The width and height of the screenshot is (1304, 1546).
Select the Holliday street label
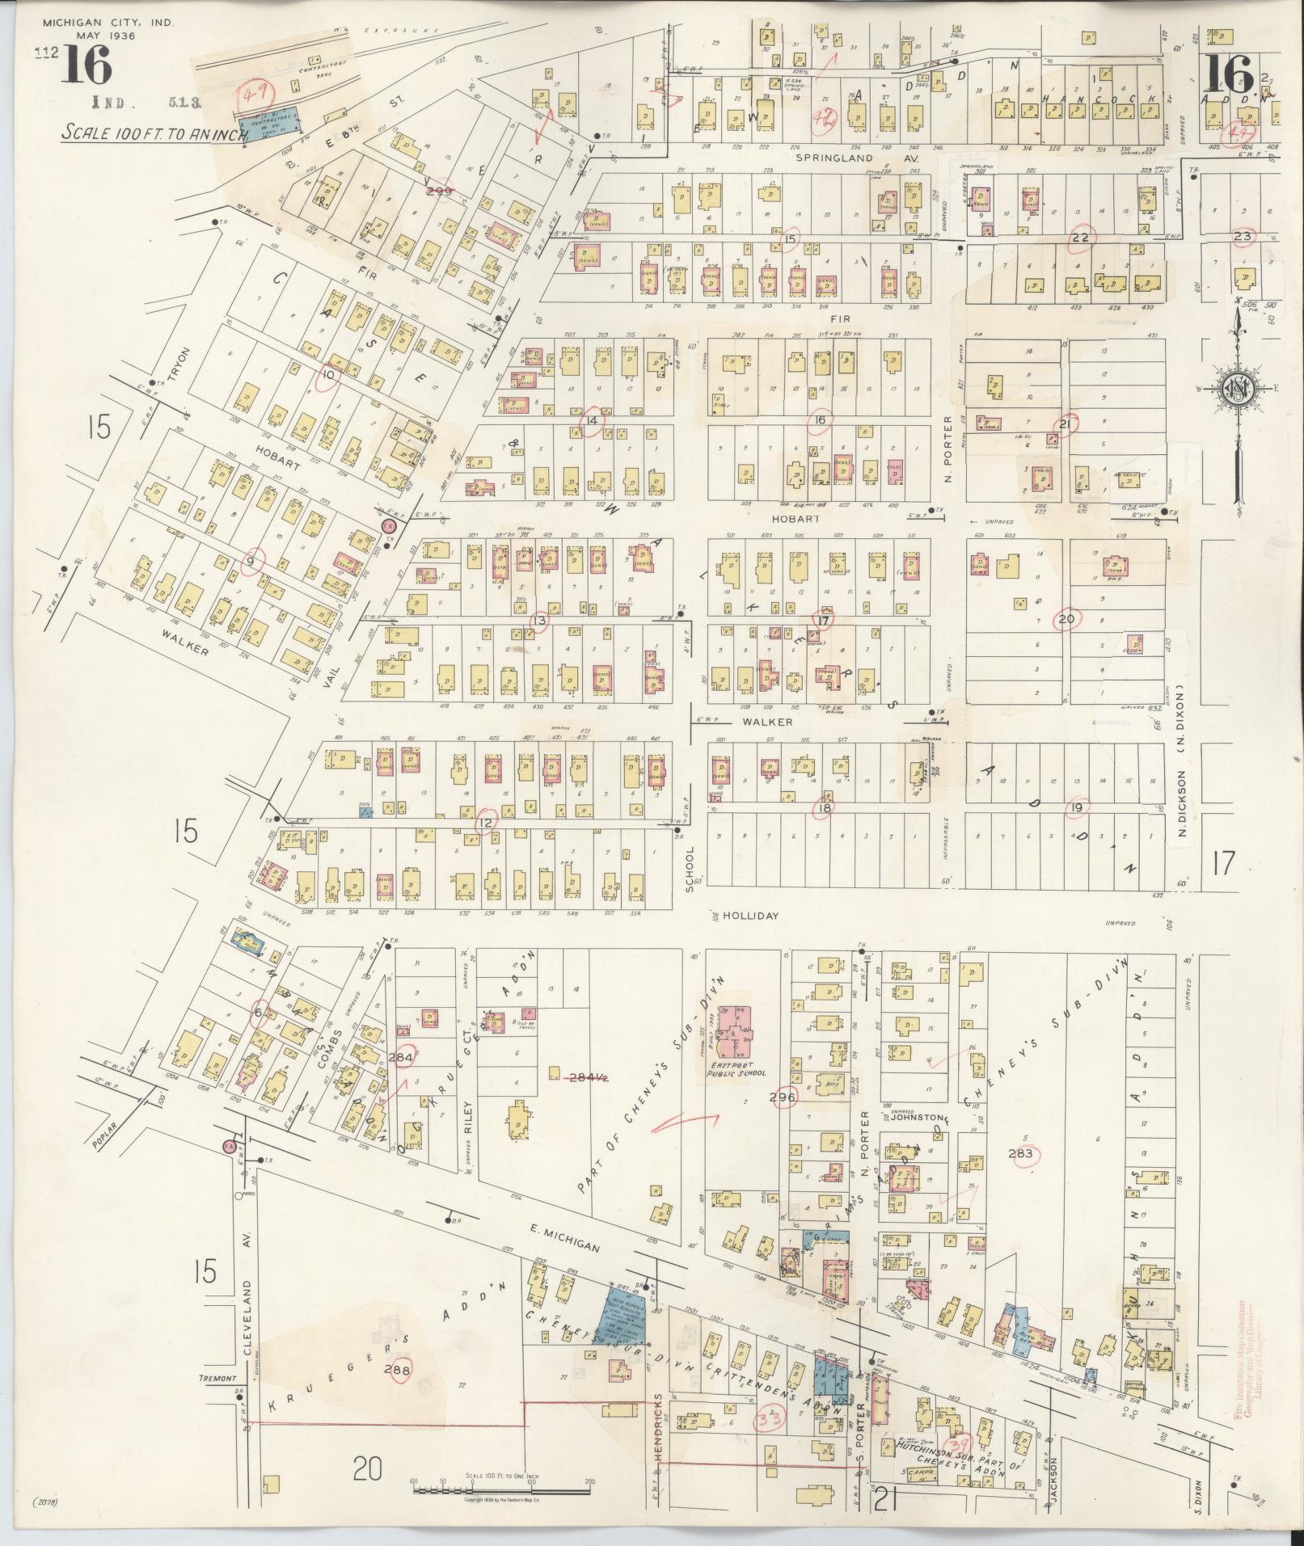[x=750, y=916]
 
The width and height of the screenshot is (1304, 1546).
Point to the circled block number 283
[x=1021, y=1153]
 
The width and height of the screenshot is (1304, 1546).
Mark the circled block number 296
[x=783, y=1097]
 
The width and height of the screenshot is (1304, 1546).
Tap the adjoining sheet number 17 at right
[x=1222, y=864]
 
